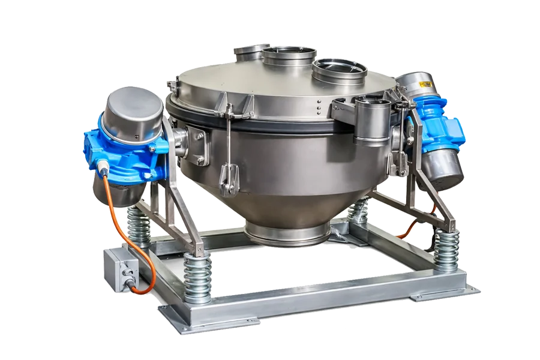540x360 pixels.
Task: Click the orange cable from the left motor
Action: tap(115, 222)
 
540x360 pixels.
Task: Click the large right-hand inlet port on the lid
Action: tap(340, 71)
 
